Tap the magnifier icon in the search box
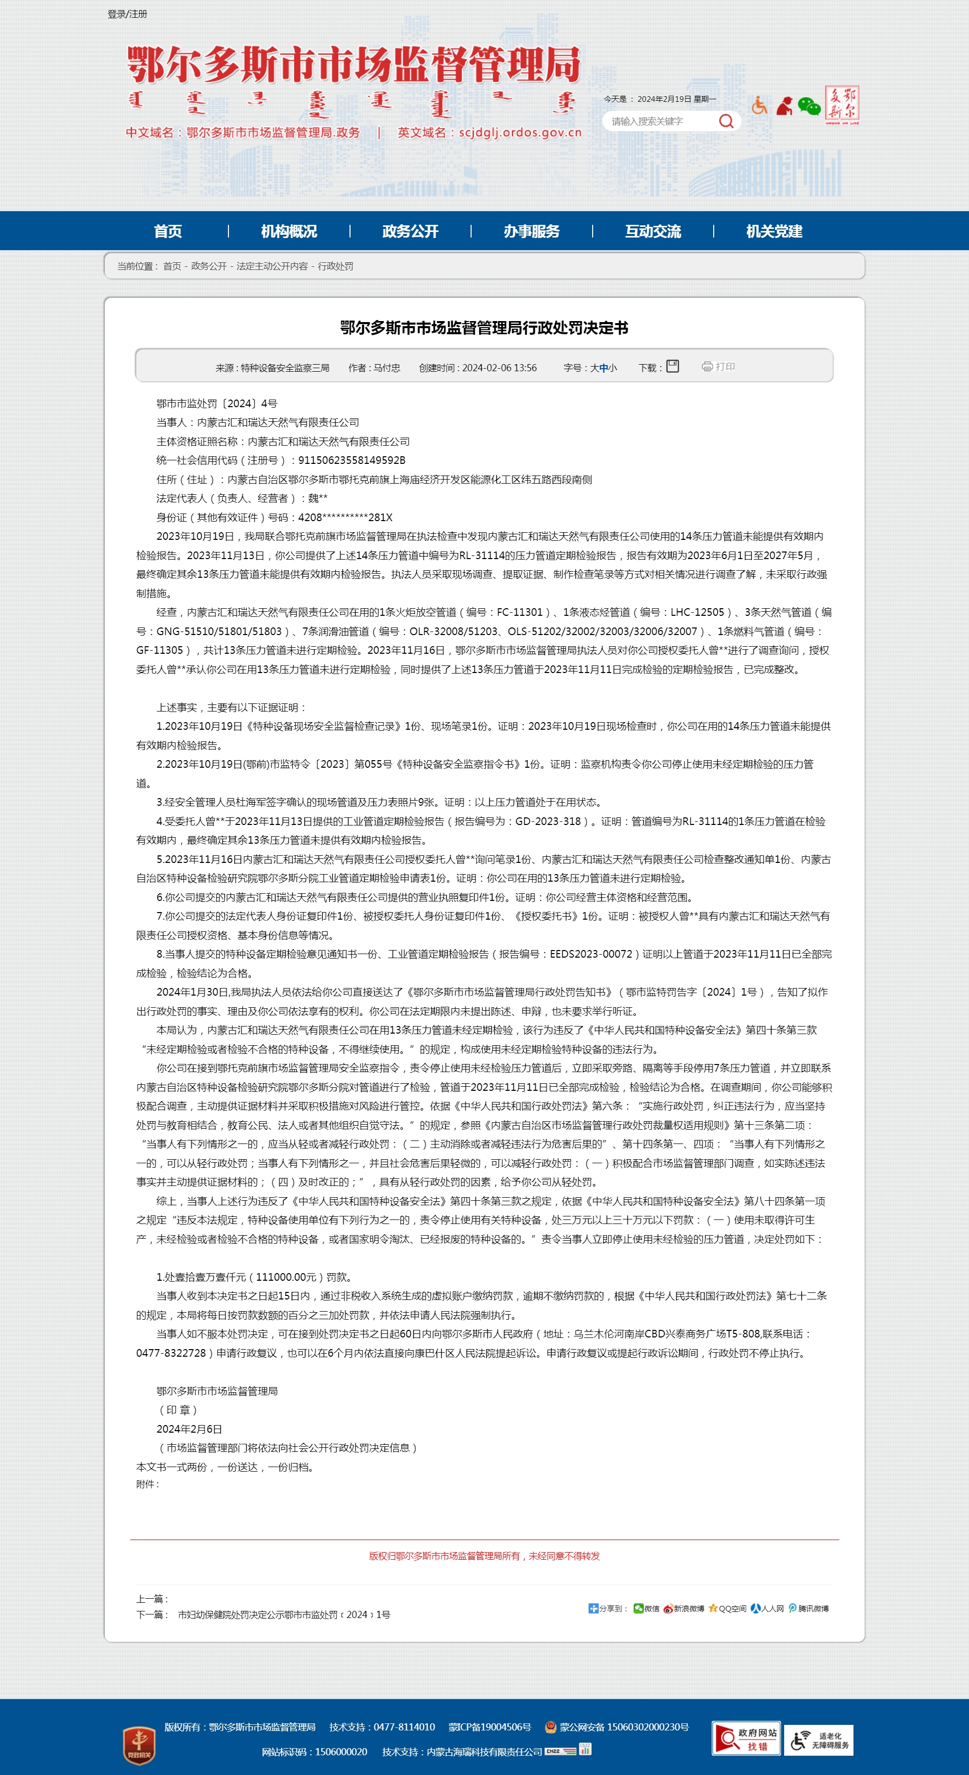point(726,121)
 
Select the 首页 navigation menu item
point(168,231)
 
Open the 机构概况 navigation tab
point(289,231)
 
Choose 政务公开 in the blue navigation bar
point(410,231)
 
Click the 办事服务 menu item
point(531,231)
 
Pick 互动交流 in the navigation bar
point(652,231)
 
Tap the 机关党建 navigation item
point(774,231)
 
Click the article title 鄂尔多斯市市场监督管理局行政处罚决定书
point(484,328)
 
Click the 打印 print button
point(719,367)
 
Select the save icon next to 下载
point(673,367)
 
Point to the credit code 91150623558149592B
point(352,460)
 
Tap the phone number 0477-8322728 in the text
point(171,1353)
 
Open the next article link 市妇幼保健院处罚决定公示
point(284,1614)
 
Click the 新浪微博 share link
point(684,1608)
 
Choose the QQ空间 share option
point(728,1608)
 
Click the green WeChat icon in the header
point(808,106)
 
